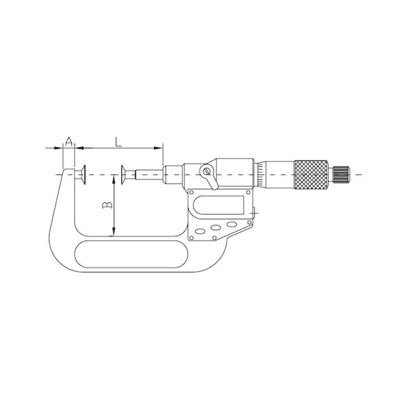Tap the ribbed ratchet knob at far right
click(341, 175)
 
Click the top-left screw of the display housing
click(193, 193)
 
